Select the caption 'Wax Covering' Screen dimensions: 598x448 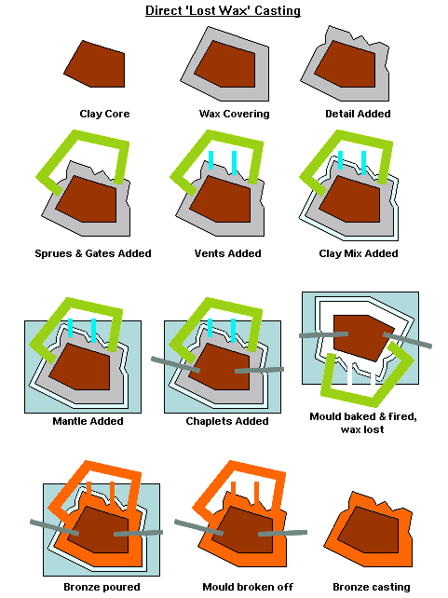pos(234,114)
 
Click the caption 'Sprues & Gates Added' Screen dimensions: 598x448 pos(92,253)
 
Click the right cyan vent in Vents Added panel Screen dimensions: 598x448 pos(234,162)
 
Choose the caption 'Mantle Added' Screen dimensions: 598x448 pos(89,421)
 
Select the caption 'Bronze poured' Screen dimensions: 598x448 pos(102,587)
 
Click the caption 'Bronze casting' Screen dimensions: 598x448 pos(371,587)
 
